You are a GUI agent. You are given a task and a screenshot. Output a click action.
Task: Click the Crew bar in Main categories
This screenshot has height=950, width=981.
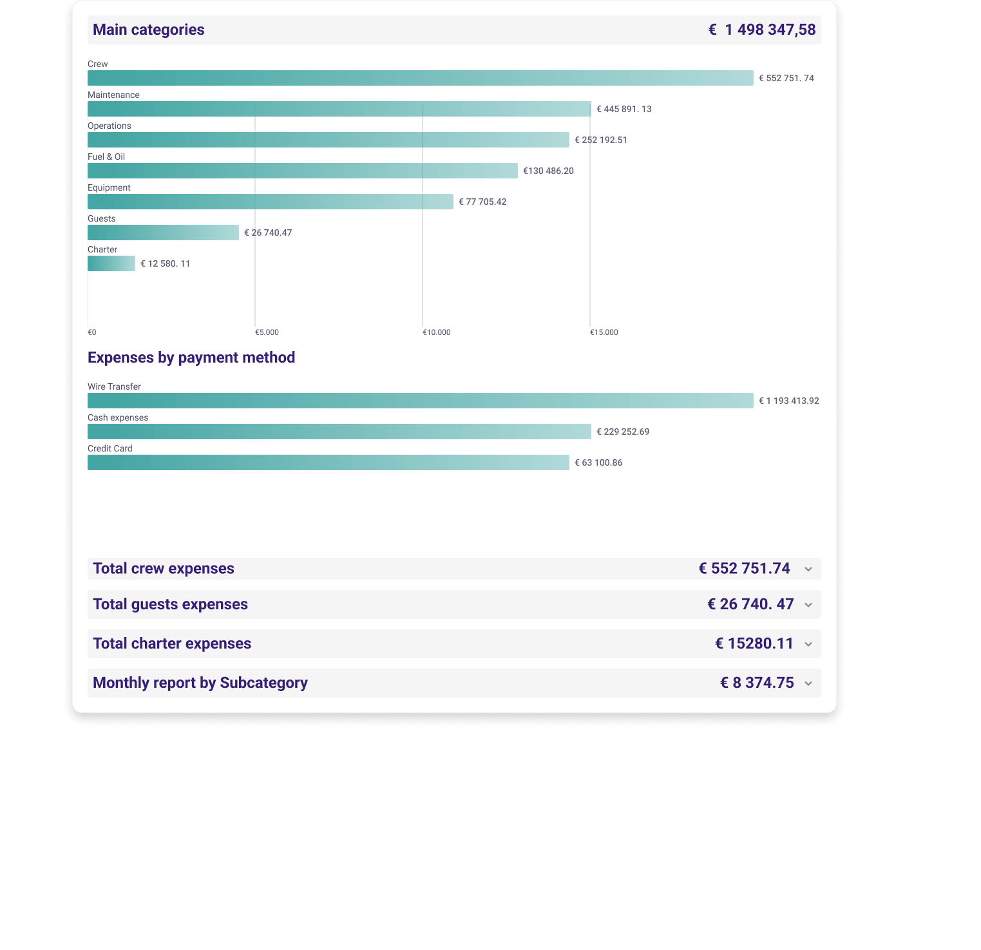point(420,78)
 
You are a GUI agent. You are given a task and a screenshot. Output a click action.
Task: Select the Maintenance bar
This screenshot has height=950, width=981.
point(339,109)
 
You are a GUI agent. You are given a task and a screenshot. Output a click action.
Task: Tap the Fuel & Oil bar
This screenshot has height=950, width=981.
point(302,171)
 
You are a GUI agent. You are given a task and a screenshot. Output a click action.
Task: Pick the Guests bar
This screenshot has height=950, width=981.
point(163,233)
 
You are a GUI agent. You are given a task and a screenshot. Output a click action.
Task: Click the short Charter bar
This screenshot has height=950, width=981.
point(111,263)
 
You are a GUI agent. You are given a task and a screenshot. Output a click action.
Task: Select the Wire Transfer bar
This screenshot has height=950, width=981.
point(420,401)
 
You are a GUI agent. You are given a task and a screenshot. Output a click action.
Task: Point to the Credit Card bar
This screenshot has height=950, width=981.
point(328,462)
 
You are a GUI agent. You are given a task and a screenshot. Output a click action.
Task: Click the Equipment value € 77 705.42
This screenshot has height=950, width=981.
point(482,202)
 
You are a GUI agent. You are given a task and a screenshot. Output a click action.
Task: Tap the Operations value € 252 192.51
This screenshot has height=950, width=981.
point(601,140)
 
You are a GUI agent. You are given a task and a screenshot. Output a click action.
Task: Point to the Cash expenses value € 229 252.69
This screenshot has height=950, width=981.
point(623,432)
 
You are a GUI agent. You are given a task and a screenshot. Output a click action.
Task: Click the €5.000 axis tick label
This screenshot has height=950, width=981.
point(267,332)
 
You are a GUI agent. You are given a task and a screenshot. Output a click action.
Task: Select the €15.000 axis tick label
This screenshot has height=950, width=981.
point(604,332)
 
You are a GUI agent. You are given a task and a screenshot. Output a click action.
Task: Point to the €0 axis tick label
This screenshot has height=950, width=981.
point(92,332)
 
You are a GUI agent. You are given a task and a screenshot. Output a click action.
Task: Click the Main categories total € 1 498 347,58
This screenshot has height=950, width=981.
point(762,30)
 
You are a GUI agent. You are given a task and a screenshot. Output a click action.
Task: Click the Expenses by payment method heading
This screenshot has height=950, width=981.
point(191,357)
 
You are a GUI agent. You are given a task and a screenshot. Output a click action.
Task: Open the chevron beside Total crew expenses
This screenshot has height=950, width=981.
point(808,569)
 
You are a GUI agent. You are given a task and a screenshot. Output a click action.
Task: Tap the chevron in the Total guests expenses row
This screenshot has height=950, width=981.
point(808,605)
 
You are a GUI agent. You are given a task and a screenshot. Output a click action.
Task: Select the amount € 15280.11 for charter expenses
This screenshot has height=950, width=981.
point(754,643)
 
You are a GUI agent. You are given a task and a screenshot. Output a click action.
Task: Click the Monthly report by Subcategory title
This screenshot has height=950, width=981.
point(200,683)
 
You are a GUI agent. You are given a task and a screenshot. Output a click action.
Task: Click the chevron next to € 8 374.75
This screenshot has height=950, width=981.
point(808,684)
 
